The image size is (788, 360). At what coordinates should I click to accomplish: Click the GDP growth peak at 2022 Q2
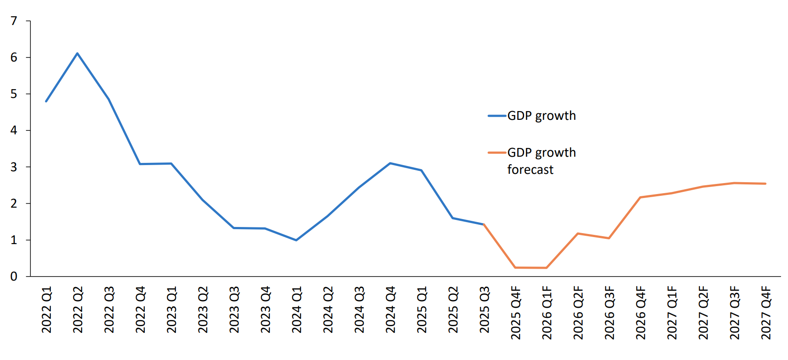click(77, 54)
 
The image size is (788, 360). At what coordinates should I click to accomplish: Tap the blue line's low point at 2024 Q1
click(296, 240)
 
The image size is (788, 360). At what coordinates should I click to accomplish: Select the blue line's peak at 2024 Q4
click(390, 163)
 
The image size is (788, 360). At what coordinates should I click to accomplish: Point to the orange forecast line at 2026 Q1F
click(547, 268)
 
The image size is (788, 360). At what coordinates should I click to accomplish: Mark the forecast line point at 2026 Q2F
click(578, 234)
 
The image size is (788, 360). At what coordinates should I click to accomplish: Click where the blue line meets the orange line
click(484, 224)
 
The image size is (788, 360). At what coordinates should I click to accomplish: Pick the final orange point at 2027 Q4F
click(765, 184)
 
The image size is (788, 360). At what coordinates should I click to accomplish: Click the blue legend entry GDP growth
click(541, 116)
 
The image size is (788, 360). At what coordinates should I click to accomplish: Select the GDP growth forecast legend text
click(541, 161)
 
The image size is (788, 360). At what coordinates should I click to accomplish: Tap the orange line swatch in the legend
click(497, 153)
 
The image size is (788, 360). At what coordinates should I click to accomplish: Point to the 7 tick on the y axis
click(14, 21)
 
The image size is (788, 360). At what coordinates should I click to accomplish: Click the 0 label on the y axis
click(14, 277)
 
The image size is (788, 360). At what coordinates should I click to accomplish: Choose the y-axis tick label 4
click(14, 130)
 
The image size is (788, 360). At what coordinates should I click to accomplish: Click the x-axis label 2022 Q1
click(47, 310)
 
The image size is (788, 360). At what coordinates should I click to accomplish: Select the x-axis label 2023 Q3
click(234, 310)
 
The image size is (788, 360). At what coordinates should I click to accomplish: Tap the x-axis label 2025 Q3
click(484, 310)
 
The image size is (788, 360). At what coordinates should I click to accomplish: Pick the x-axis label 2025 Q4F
click(516, 313)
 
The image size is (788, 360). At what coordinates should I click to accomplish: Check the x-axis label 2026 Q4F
click(641, 313)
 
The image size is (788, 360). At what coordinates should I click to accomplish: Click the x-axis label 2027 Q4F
click(766, 313)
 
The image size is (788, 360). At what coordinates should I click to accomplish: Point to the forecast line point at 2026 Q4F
click(640, 198)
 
